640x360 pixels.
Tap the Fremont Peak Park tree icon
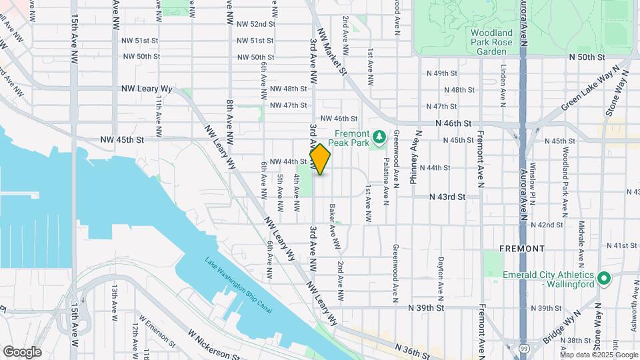coord(379,136)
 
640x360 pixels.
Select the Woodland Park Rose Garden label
coord(491,41)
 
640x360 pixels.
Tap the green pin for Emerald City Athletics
coord(604,277)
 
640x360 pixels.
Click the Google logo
coord(22,352)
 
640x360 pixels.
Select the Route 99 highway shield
coord(525,348)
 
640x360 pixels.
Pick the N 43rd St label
coord(447,197)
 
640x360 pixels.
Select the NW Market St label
coord(334,51)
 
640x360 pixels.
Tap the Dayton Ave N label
coord(441,277)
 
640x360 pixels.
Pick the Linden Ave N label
coord(504,85)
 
